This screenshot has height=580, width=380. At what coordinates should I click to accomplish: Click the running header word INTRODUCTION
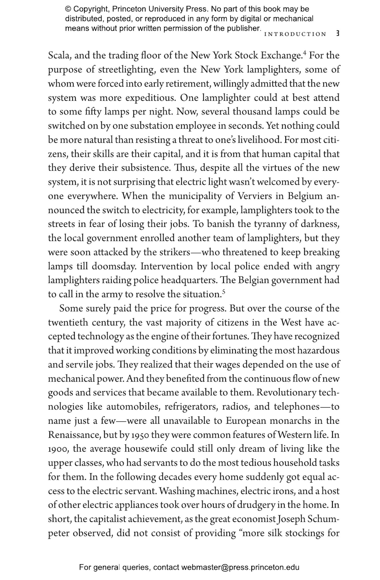[x=295, y=34]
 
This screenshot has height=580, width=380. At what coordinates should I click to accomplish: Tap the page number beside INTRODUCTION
[x=337, y=34]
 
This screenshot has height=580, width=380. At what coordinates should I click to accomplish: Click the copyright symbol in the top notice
[x=68, y=9]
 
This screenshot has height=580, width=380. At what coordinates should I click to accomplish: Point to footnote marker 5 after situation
[x=223, y=292]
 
